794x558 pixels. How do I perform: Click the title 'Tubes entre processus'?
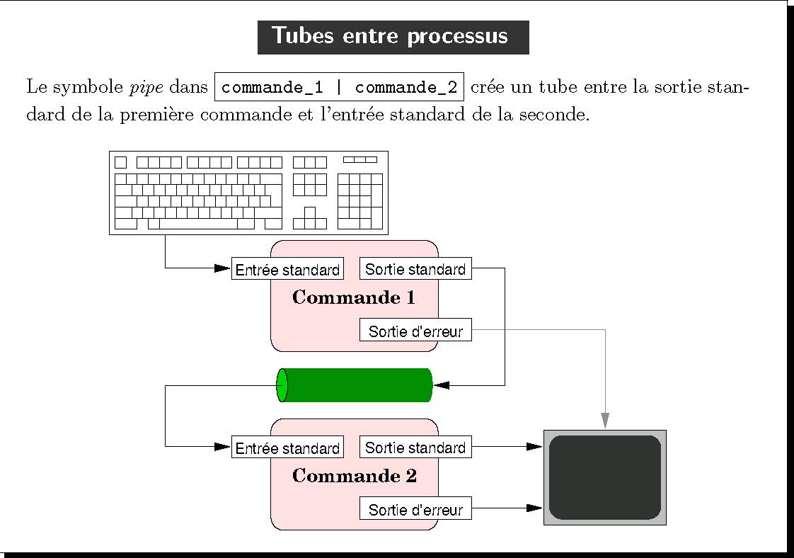click(x=393, y=37)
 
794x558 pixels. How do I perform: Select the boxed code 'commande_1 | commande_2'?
click(x=340, y=88)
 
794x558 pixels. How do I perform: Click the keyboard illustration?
click(x=248, y=192)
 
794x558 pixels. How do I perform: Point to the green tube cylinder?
click(x=357, y=385)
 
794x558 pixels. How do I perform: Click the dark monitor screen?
click(x=604, y=477)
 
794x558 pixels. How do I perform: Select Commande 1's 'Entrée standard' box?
click(x=287, y=269)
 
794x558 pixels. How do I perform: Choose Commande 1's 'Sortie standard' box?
click(x=415, y=269)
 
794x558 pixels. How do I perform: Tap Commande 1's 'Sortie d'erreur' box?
click(x=415, y=331)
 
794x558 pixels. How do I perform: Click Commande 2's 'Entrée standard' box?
click(x=287, y=448)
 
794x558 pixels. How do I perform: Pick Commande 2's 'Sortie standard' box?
click(x=415, y=448)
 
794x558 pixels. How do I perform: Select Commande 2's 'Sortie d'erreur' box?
click(x=415, y=509)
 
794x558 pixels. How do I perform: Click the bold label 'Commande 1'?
click(x=354, y=297)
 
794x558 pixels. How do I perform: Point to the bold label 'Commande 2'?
click(x=355, y=476)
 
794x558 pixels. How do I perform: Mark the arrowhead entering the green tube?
click(x=442, y=385)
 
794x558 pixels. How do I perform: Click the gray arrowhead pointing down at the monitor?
click(x=605, y=421)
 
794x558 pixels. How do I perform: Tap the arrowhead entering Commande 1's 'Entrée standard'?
click(x=223, y=268)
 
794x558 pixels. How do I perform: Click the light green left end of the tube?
click(x=282, y=385)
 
